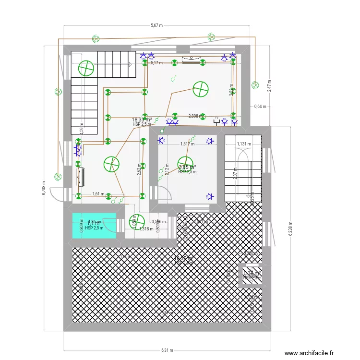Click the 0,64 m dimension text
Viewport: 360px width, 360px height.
pos(260,106)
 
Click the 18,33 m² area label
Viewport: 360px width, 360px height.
pos(142,120)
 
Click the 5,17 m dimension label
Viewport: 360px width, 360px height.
pos(156,62)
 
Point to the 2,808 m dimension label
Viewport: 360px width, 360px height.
pos(195,116)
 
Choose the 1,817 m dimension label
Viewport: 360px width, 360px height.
pos(187,144)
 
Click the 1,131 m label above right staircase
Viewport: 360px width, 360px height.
pos(244,144)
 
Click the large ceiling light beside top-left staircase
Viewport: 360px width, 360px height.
pos(86,69)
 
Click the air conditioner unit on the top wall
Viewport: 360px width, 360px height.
pos(191,60)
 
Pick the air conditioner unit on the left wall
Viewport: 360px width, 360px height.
pos(80,177)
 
